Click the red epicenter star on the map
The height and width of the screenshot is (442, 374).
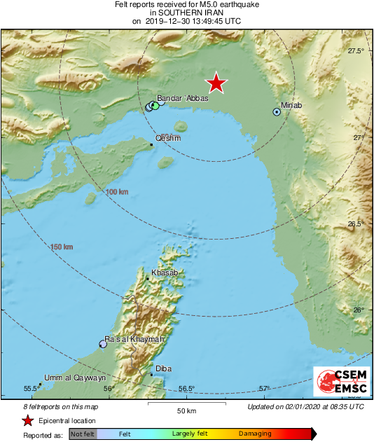[217, 83]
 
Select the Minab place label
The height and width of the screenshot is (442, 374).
[291, 106]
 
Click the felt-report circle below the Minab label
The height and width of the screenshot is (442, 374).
[277, 112]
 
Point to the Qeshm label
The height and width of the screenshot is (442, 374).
[168, 138]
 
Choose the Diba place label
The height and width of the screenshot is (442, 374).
[163, 368]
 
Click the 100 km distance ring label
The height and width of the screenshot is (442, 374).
[118, 192]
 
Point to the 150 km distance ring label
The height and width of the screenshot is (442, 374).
[62, 247]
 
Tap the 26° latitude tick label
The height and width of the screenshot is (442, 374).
[359, 310]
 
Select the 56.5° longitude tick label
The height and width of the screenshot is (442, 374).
[186, 389]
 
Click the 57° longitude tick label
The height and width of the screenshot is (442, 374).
[264, 389]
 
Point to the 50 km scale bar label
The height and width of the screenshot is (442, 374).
[186, 410]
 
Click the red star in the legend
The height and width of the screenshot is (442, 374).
[27, 420]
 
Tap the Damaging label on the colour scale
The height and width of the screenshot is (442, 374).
[255, 434]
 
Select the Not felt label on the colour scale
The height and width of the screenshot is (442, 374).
[83, 434]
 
